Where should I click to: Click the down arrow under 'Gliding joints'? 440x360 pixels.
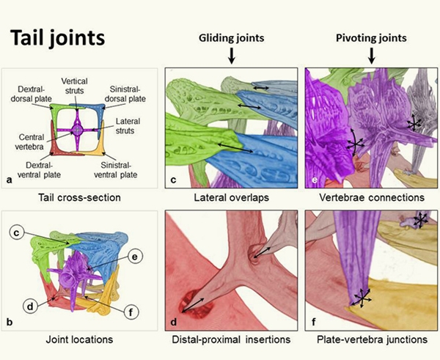pyautogui.click(x=231, y=55)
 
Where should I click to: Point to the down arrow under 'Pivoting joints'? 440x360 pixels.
pyautogui.click(x=371, y=55)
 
